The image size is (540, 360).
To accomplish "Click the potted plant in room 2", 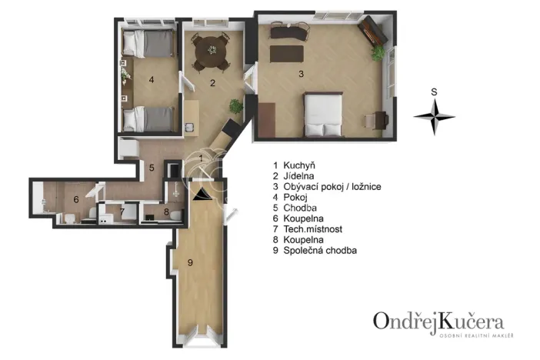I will pyautogui.click(x=235, y=106).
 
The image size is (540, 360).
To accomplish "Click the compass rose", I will pyautogui.click(x=435, y=116).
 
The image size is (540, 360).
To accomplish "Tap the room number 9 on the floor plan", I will pyautogui.click(x=189, y=263).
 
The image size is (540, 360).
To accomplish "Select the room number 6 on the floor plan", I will pyautogui.click(x=75, y=199).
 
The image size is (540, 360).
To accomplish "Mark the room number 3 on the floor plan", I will pyautogui.click(x=301, y=74).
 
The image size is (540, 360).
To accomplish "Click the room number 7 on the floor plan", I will pyautogui.click(x=121, y=211).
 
